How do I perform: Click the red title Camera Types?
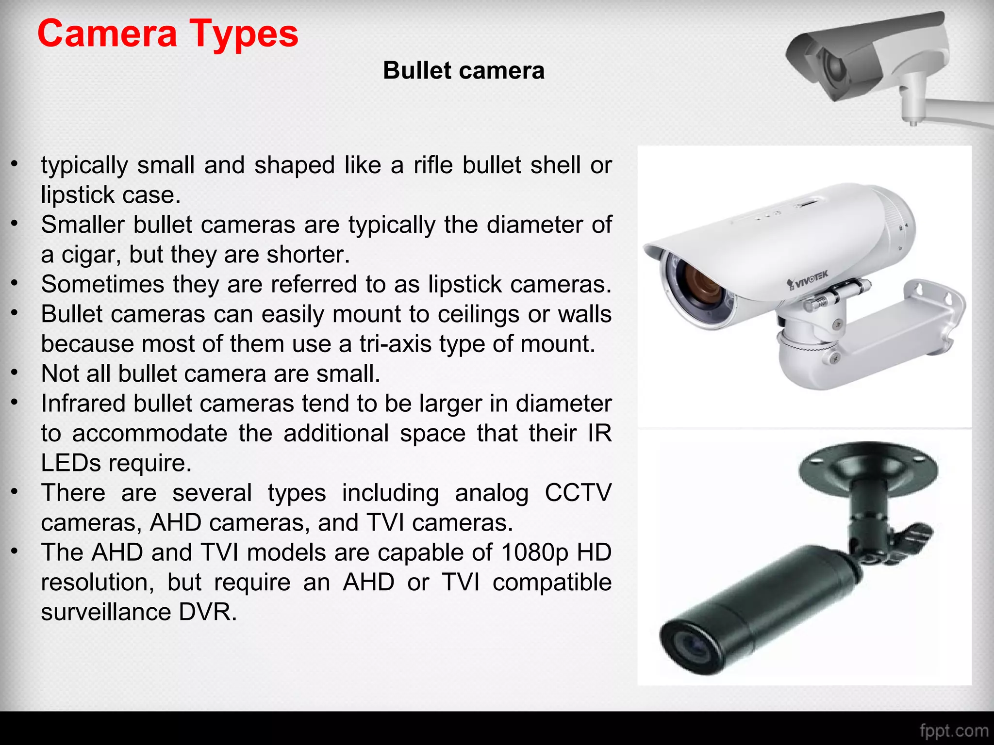pos(167,34)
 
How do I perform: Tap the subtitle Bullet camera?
pos(464,71)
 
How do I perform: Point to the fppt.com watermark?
pos(953,730)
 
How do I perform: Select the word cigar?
pos(90,255)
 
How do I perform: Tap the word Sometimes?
pos(102,284)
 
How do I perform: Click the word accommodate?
pos(149,433)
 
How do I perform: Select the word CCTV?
pos(578,493)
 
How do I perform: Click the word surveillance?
pos(105,612)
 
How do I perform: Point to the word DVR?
pos(208,612)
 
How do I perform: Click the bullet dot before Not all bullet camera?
pos(15,373)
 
